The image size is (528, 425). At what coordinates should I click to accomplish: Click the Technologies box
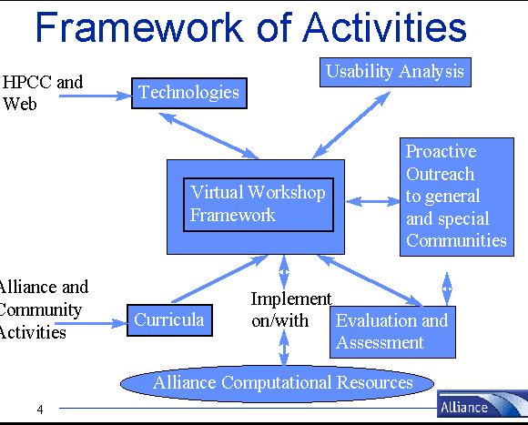pos(189,93)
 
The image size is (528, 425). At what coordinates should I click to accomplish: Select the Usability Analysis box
pos(395,72)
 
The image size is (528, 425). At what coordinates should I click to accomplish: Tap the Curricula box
pos(169,320)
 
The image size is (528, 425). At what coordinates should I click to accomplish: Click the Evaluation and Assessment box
pos(392,332)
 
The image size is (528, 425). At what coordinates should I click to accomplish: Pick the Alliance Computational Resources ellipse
pos(277,383)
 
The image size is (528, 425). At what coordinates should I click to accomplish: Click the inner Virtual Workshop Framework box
pos(259,205)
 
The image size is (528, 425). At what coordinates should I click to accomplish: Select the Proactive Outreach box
pos(457,197)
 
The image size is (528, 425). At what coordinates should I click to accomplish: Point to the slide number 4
pos(40,410)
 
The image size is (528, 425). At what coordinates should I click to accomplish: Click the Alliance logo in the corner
pos(482,404)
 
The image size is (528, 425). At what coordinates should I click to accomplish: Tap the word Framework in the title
pos(139,27)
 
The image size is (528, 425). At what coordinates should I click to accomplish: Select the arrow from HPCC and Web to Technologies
pos(96,96)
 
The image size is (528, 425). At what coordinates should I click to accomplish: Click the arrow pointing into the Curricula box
pos(91,324)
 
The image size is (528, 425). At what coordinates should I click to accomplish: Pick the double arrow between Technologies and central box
pos(208,136)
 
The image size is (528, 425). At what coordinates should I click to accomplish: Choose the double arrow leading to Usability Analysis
pos(351,126)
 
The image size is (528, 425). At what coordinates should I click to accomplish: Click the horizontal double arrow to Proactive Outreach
pos(372,201)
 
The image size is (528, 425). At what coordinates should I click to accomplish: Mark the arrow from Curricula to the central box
pos(219,279)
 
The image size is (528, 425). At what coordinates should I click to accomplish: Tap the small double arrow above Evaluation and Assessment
pos(447,288)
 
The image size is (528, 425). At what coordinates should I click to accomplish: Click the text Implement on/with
pos(291,309)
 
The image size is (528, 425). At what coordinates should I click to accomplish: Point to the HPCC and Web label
pos(43,93)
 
